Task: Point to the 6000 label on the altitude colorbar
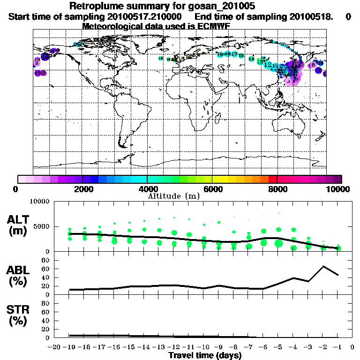213,189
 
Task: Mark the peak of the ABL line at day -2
323,266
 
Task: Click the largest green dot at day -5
278,243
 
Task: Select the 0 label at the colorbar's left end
17,189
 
